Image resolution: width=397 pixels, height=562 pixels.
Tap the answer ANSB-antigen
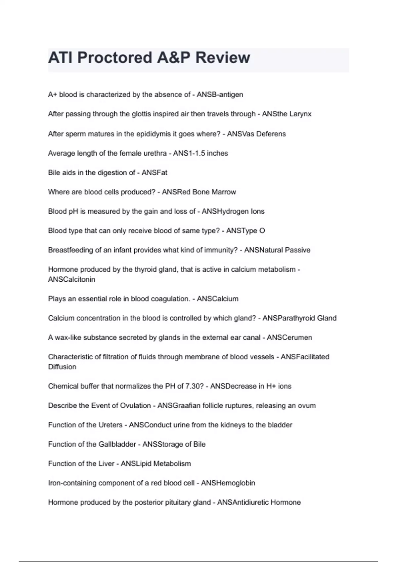click(x=220, y=95)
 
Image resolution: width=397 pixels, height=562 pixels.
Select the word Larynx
click(x=300, y=114)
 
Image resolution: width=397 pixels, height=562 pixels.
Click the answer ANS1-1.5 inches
click(x=200, y=153)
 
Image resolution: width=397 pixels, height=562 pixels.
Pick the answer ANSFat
click(x=154, y=173)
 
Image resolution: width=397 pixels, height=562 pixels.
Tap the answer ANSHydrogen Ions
click(x=233, y=211)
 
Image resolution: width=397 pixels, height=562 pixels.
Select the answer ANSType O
click(x=245, y=231)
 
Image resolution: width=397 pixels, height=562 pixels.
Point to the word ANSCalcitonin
click(x=71, y=279)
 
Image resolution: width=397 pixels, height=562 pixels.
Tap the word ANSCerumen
click(x=289, y=338)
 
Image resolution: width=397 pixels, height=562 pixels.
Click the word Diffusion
click(x=62, y=367)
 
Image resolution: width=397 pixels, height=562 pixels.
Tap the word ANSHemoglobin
click(x=228, y=483)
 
